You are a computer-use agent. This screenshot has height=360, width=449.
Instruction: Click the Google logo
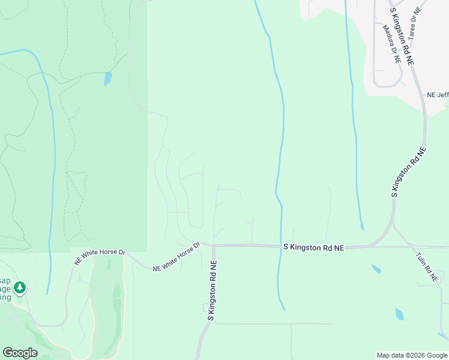point(20,353)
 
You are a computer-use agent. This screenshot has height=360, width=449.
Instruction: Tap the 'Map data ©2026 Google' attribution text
point(411,355)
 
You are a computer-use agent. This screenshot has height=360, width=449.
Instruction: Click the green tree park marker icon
point(20,289)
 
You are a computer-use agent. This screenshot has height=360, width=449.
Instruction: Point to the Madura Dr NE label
point(390,43)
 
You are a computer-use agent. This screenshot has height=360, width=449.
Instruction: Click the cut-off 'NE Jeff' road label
point(438,95)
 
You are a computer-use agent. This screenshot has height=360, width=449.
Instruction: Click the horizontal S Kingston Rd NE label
point(313,247)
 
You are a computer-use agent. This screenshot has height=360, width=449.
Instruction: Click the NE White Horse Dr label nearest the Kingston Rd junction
point(176,258)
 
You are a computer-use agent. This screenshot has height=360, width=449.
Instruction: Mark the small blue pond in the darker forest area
point(107,79)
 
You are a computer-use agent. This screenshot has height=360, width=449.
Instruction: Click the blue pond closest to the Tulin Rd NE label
point(400,314)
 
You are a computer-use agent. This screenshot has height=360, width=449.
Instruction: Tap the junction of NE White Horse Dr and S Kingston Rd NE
point(213,245)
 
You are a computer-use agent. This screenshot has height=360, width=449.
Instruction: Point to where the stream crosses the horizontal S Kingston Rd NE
point(280,245)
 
